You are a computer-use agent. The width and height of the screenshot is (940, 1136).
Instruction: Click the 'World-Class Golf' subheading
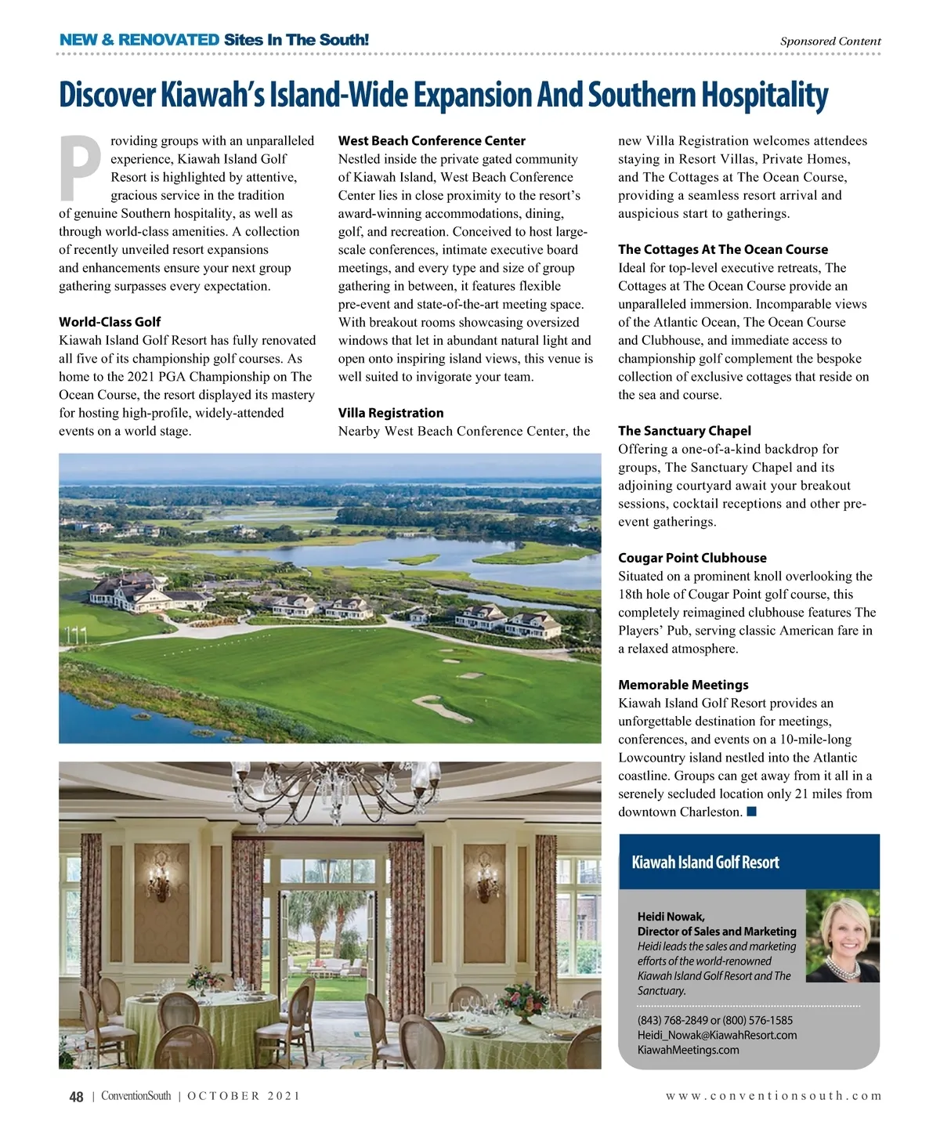(x=110, y=322)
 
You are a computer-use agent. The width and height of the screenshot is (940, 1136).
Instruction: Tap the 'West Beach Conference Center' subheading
(x=432, y=141)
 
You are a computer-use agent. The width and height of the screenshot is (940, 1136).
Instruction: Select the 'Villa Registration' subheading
(x=391, y=413)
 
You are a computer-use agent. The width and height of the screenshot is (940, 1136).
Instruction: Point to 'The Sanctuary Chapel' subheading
(x=684, y=431)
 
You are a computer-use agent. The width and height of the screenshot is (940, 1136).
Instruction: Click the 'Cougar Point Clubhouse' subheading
(x=692, y=558)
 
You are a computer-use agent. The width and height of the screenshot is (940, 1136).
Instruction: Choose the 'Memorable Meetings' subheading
(x=683, y=685)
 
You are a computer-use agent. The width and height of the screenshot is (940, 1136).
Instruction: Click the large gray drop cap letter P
(x=81, y=168)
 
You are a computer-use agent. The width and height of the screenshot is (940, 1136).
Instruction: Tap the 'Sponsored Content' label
(x=830, y=42)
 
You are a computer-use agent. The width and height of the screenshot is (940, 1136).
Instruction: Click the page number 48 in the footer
(x=76, y=1097)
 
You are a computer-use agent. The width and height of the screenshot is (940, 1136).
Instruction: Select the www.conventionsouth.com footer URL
(x=773, y=1096)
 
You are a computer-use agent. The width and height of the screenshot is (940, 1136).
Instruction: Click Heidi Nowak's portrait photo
(x=842, y=936)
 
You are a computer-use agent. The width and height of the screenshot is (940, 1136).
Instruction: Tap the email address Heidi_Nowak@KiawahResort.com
(x=717, y=1035)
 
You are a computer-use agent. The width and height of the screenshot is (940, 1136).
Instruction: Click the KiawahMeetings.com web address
(x=688, y=1050)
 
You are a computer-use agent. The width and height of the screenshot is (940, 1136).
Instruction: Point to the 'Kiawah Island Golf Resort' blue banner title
(x=705, y=863)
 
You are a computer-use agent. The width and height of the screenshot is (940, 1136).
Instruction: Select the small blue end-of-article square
(x=751, y=812)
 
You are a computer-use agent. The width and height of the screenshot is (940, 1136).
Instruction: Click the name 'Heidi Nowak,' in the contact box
(x=671, y=917)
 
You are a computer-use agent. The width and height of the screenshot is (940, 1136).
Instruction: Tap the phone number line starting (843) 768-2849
(x=714, y=1020)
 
